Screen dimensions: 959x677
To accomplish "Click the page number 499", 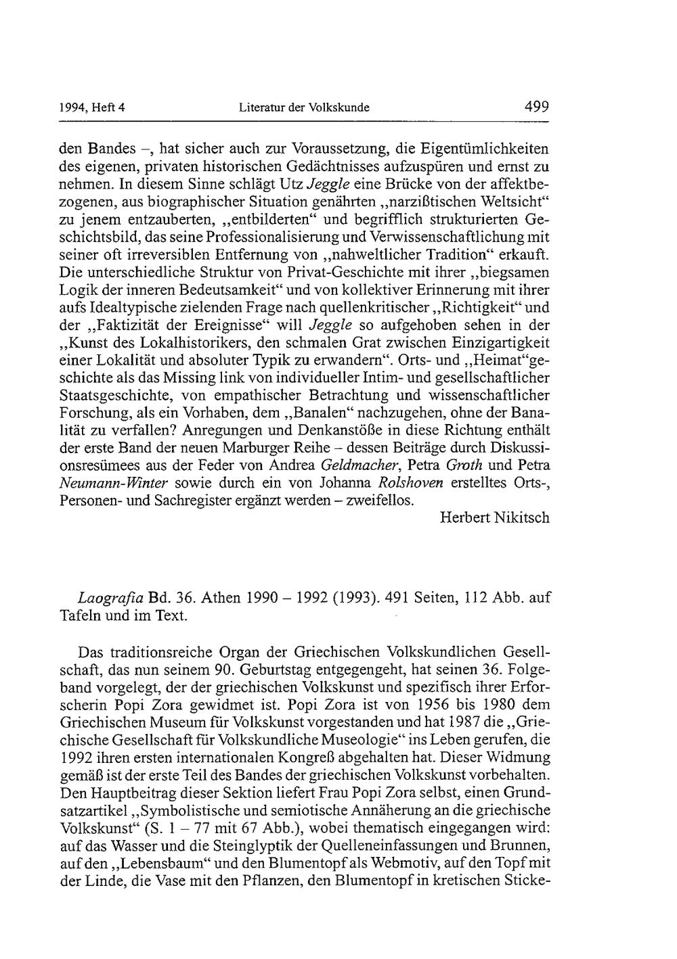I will point(536,106).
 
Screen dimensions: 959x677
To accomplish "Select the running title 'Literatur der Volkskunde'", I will point(304,107).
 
